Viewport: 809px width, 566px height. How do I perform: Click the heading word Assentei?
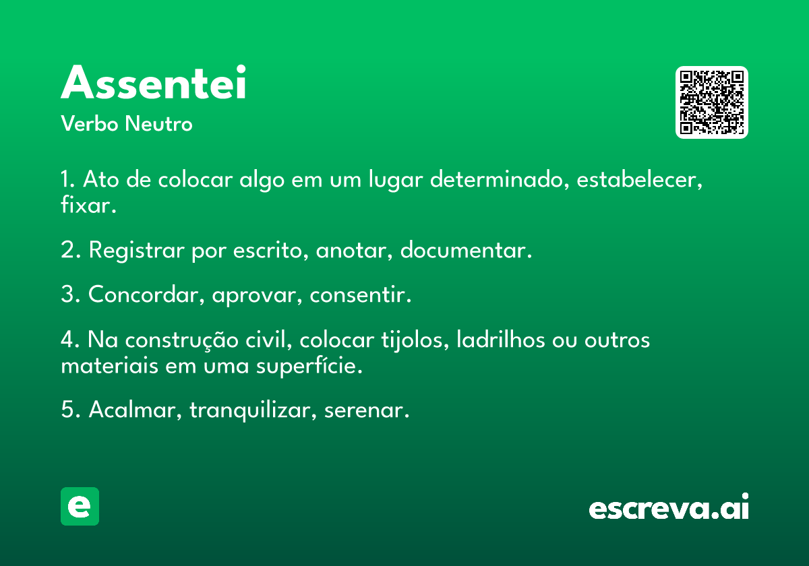(154, 82)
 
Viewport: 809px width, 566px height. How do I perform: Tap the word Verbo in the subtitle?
(90, 123)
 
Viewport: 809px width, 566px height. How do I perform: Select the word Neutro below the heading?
(159, 123)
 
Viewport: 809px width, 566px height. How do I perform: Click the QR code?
(712, 102)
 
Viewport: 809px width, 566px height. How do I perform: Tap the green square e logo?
(80, 506)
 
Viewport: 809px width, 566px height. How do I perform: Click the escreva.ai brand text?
(669, 506)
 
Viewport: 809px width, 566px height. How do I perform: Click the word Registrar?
(136, 250)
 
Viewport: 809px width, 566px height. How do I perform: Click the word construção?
(181, 340)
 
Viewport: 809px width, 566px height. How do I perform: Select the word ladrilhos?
(501, 340)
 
